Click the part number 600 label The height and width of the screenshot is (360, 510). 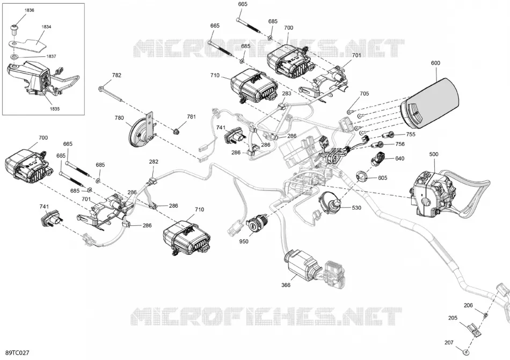[435, 63]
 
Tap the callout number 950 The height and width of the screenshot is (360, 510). [244, 241]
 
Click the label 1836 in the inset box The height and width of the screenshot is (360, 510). [30, 10]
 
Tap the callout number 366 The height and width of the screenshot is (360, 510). [286, 285]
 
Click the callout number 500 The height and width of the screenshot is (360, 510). [434, 155]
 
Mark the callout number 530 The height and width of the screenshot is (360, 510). [356, 208]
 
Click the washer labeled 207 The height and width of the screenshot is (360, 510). [466, 352]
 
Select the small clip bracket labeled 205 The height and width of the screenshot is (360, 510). [473, 332]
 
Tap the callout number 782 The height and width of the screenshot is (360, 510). [116, 75]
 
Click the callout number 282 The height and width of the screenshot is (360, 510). [154, 161]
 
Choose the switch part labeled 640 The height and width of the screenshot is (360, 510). [378, 158]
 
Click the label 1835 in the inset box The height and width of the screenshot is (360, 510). [55, 109]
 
